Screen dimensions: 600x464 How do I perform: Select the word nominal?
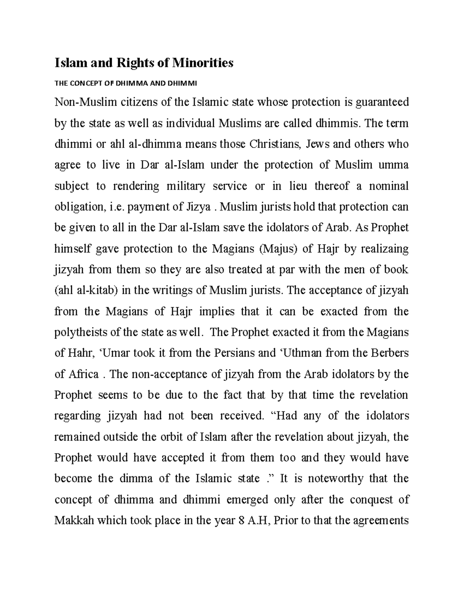coord(389,186)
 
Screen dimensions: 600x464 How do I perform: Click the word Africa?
coord(85,374)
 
